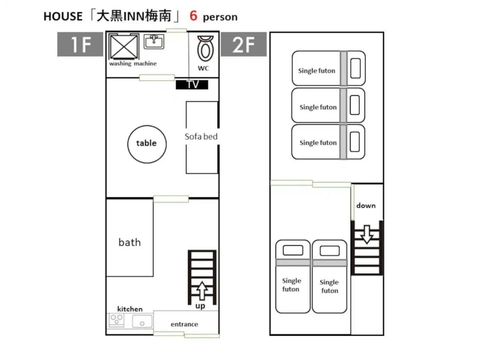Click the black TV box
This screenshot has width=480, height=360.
click(x=192, y=85)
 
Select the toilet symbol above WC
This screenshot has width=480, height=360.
click(x=205, y=49)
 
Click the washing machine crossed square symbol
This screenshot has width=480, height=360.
click(x=124, y=47)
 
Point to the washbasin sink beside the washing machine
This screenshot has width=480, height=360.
click(x=154, y=41)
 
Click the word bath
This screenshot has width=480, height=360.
click(x=130, y=242)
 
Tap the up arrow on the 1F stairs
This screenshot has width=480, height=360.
click(x=202, y=290)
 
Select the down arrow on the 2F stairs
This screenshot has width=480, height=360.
click(x=367, y=234)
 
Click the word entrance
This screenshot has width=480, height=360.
click(x=184, y=324)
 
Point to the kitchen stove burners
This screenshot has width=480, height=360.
click(x=116, y=320)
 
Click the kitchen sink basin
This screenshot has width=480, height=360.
click(x=142, y=321)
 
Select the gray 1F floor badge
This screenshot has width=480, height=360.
click(x=80, y=44)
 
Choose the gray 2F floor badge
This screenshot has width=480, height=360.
click(x=244, y=44)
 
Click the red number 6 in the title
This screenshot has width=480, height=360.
click(x=193, y=16)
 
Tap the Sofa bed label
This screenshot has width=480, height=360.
click(x=201, y=136)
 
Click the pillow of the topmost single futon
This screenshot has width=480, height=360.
click(x=355, y=68)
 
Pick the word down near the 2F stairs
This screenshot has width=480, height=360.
click(x=366, y=205)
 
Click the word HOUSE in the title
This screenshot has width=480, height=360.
click(x=63, y=16)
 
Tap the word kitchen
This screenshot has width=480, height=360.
click(x=130, y=309)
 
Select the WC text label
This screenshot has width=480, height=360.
click(x=203, y=68)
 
